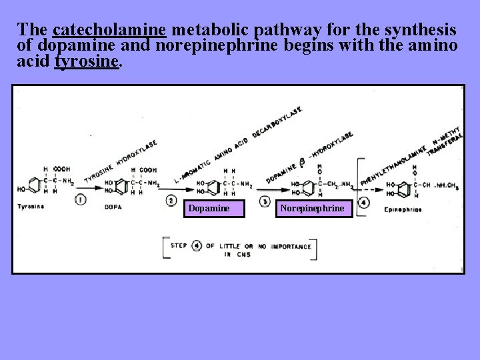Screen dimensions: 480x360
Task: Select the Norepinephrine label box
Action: pyautogui.click(x=313, y=209)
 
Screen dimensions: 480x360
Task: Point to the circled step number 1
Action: pyautogui.click(x=80, y=199)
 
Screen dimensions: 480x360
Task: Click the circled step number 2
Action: pyautogui.click(x=171, y=201)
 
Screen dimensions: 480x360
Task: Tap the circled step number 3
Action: pyautogui.click(x=265, y=201)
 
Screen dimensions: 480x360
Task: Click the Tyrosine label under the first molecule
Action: pyautogui.click(x=31, y=207)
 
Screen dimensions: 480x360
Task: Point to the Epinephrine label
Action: pyautogui.click(x=403, y=209)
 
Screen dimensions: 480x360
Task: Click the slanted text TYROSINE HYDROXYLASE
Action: pyautogui.click(x=120, y=163)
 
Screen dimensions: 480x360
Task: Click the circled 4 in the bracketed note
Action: pyautogui.click(x=197, y=245)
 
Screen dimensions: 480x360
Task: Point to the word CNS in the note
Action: pyautogui.click(x=243, y=255)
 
